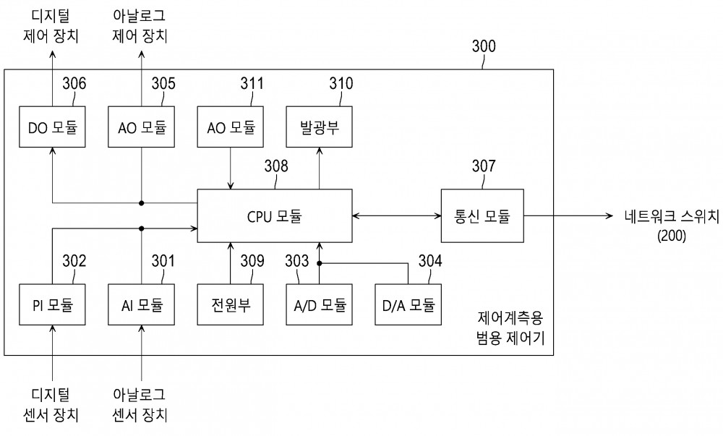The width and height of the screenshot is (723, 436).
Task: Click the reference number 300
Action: click(x=484, y=46)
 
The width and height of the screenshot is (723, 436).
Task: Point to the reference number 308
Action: click(x=276, y=166)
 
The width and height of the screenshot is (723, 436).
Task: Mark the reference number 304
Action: click(x=430, y=261)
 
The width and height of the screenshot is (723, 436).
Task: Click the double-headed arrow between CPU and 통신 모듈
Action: click(x=396, y=215)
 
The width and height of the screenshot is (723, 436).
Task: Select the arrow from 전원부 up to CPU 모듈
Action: click(x=231, y=263)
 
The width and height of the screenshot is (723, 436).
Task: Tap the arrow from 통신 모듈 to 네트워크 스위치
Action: click(x=568, y=215)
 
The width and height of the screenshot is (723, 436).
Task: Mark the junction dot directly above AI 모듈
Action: click(x=142, y=228)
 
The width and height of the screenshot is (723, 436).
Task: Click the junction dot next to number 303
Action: click(x=319, y=263)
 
